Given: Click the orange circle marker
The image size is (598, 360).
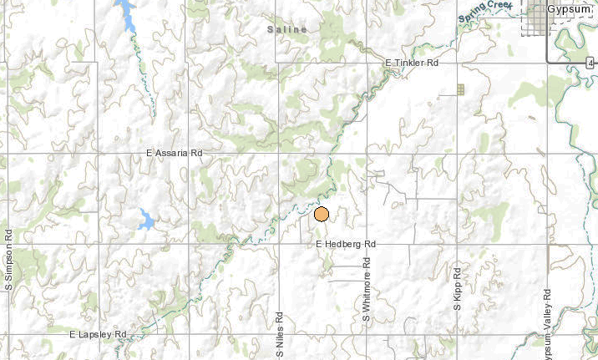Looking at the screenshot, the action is pyautogui.click(x=322, y=215).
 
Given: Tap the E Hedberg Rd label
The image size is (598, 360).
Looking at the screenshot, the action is pyautogui.click(x=347, y=244).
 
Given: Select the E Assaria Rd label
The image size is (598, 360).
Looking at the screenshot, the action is pyautogui.click(x=175, y=154).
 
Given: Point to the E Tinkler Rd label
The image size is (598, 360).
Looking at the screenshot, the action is pyautogui.click(x=412, y=63).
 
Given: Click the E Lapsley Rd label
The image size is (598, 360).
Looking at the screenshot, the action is pyautogui.click(x=98, y=334).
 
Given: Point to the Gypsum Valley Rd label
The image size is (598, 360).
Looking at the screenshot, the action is pyautogui.click(x=547, y=317).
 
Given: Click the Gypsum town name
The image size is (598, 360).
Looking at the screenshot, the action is pyautogui.click(x=574, y=8).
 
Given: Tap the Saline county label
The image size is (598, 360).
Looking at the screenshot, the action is pyautogui.click(x=287, y=30).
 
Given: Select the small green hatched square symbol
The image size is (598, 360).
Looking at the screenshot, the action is pyautogui.click(x=460, y=89).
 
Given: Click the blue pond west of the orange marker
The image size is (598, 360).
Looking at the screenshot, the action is pyautogui.click(x=145, y=221).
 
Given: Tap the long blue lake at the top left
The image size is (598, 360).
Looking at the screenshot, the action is pyautogui.click(x=127, y=14).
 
